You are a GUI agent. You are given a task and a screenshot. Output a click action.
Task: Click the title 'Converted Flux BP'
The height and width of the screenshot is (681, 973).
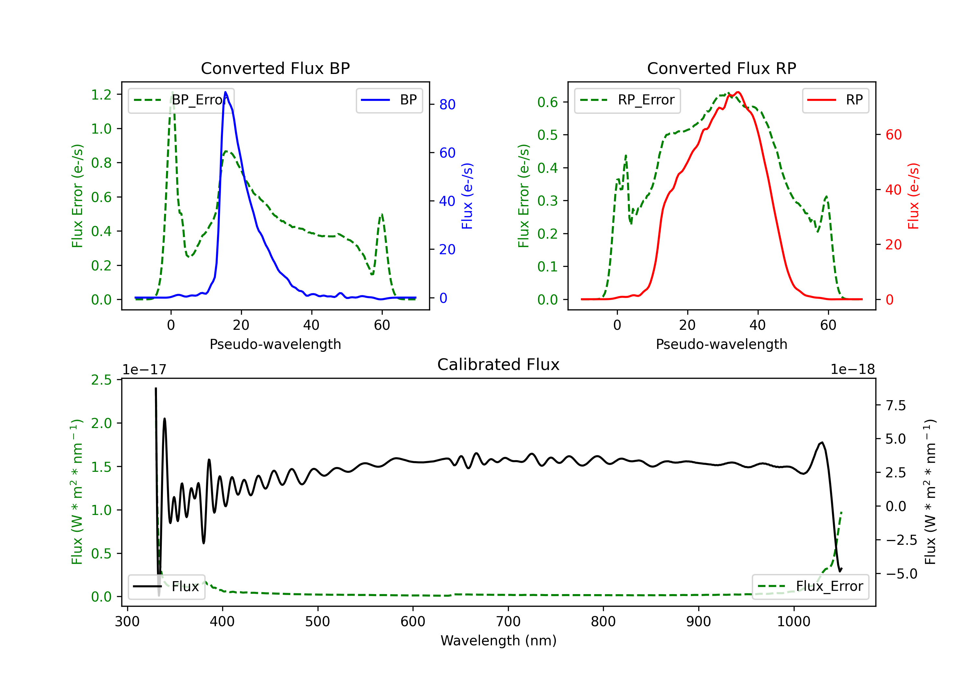[x=275, y=68]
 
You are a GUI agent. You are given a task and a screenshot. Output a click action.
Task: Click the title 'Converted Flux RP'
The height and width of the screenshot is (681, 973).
[x=721, y=68]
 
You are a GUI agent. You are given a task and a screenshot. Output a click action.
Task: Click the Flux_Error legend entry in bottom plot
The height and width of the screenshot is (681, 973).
[x=810, y=587]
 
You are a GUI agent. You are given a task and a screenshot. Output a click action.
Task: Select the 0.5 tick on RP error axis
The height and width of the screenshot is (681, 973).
[x=547, y=135]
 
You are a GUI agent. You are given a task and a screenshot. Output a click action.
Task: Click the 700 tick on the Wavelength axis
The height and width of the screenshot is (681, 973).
[x=508, y=622]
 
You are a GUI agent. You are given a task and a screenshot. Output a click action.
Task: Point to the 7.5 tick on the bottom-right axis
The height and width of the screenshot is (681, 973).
[x=895, y=406]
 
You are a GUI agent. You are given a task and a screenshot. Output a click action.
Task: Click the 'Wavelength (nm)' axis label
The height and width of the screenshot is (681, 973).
[x=499, y=640]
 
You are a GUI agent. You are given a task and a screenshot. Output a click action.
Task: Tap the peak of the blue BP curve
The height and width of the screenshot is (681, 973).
[x=225, y=92]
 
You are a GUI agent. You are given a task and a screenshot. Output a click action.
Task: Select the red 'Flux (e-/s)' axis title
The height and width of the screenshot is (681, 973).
[x=913, y=196]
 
